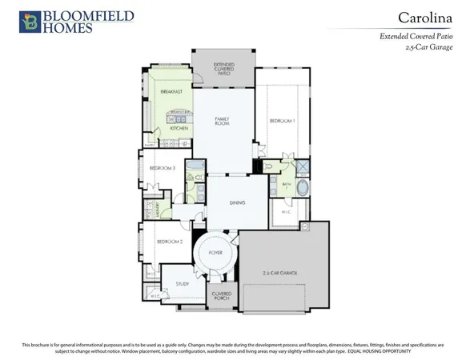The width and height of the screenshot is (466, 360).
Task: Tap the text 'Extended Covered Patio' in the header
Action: point(417,37)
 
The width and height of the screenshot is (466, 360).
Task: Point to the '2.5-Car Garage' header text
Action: point(429,48)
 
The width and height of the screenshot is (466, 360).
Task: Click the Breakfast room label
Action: point(172,92)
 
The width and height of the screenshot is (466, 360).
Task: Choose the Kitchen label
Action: point(179,128)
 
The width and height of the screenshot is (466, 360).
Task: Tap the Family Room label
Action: point(223,122)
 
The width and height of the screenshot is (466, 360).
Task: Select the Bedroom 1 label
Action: point(282,120)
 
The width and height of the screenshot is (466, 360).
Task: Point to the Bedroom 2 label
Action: point(170,241)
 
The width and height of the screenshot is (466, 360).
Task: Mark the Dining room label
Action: point(237,203)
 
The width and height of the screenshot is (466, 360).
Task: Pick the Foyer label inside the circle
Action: point(215,252)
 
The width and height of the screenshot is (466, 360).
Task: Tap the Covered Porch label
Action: point(222,296)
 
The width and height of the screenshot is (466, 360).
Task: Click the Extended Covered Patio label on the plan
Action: point(223,67)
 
